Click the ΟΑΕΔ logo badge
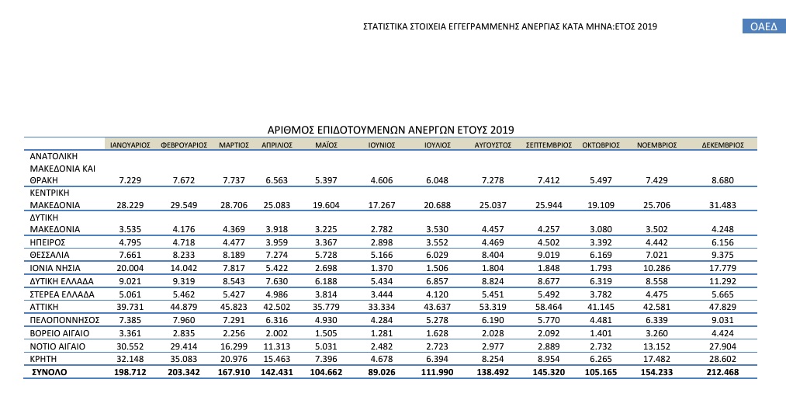click(763, 27)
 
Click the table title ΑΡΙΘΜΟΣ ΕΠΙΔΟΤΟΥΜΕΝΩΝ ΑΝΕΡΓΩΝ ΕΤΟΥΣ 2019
click(391, 130)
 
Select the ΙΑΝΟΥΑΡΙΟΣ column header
click(130, 144)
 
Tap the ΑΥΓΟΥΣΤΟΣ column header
click(491, 144)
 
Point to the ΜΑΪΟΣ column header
click(326, 144)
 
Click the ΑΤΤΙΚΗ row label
click(45, 308)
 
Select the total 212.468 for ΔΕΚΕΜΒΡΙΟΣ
click(720, 373)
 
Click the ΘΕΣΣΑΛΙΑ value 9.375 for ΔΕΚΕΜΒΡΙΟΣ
click(722, 255)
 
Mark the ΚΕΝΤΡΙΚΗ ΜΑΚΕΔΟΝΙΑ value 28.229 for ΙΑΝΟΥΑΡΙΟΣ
click(129, 206)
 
